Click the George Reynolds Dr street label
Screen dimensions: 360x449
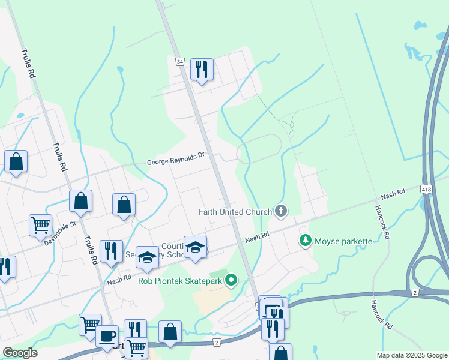tap(176, 158)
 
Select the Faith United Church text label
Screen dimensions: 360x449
tap(236, 212)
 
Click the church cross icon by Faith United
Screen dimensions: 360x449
tap(280, 211)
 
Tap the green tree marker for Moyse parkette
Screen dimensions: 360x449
tap(305, 241)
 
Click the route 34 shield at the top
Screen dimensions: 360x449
tap(179, 61)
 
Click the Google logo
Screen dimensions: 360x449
tap(19, 353)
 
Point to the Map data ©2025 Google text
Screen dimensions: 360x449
tap(411, 355)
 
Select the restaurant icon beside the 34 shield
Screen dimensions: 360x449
tap(202, 69)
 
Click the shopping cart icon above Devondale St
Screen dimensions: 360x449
tap(40, 225)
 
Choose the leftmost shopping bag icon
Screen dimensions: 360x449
tap(16, 161)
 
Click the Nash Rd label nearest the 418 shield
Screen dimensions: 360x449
tap(393, 194)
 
